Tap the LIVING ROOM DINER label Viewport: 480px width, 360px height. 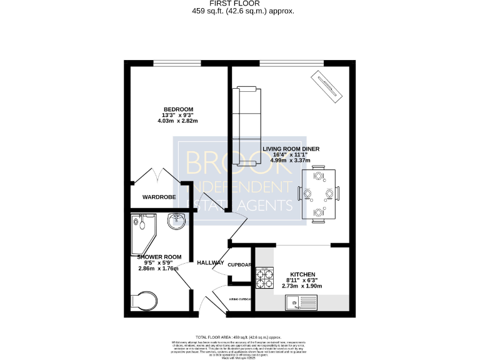pyautogui.click(x=291, y=149)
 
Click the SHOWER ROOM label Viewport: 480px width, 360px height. pyautogui.click(x=159, y=257)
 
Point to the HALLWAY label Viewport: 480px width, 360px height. pyautogui.click(x=209, y=262)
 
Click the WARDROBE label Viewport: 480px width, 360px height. pyautogui.click(x=159, y=197)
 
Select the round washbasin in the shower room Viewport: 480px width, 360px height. pyautogui.click(x=177, y=219)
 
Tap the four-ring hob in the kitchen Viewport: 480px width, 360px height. pyautogui.click(x=265, y=277)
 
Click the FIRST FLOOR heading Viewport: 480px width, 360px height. pyautogui.click(x=240, y=4)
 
